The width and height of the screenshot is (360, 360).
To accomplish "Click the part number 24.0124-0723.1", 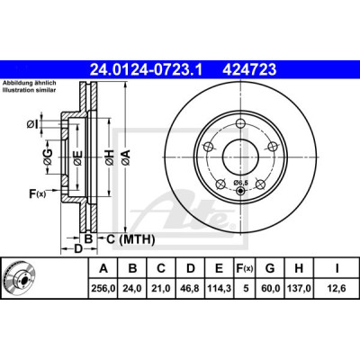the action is coord(147,69).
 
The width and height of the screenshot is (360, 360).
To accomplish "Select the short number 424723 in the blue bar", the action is coord(249,69).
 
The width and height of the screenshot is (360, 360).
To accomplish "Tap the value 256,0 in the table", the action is coord(103,289).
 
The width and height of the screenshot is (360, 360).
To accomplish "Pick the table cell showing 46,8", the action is coord(191,289).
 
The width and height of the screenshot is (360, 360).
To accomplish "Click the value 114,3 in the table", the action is coord(220,289).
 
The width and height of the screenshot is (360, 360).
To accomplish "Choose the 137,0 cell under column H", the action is coord(299,289).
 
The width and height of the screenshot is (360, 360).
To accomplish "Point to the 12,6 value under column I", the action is coord(337,289).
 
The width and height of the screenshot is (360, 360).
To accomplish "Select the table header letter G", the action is coord(270,268).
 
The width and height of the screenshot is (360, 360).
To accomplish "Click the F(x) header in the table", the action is coord(245,268).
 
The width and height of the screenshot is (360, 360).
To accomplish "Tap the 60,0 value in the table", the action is coord(270,289).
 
